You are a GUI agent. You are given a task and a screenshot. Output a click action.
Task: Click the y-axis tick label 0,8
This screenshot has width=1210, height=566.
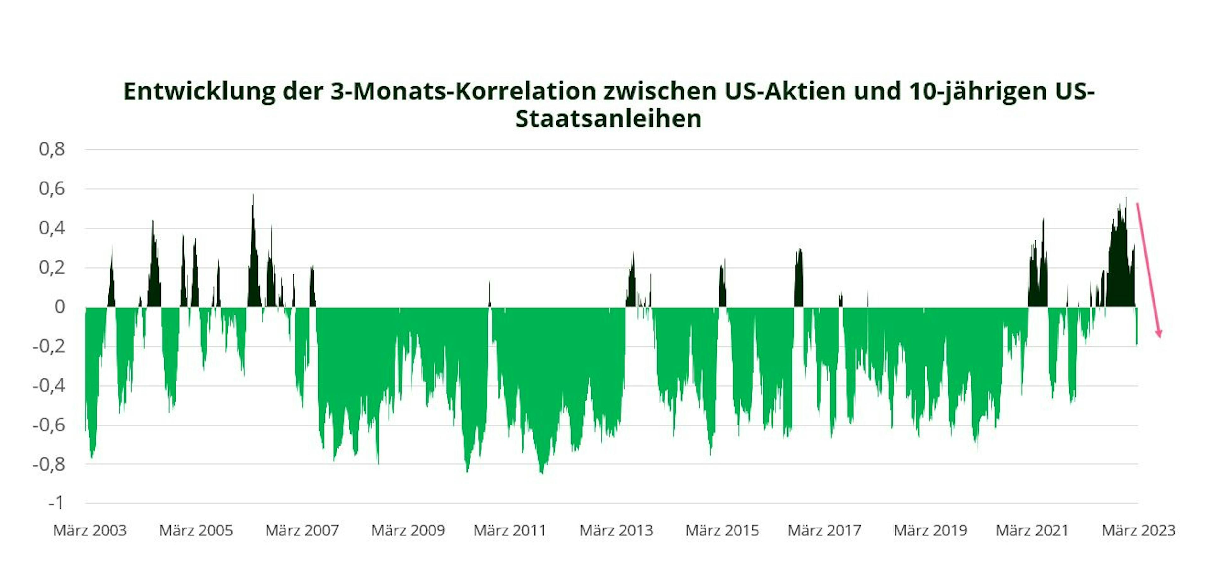click(x=52, y=149)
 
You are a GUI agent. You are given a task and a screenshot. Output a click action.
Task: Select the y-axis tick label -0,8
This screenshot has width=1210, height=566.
click(x=49, y=464)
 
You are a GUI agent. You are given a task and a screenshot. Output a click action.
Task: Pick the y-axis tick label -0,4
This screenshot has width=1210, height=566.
click(x=49, y=386)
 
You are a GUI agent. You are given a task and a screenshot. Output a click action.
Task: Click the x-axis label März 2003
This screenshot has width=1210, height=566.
click(x=90, y=530)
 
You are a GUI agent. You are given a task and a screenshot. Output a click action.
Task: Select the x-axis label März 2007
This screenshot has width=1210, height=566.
click(x=302, y=530)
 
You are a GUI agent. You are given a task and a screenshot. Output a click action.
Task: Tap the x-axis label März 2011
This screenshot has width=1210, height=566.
click(x=510, y=530)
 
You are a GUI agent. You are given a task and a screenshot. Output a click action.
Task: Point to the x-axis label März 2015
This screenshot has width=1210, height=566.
click(x=722, y=530)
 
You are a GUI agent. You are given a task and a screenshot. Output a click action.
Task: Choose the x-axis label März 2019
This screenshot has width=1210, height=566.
click(x=930, y=530)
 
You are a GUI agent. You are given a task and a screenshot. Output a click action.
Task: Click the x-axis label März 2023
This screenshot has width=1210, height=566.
click(x=1138, y=530)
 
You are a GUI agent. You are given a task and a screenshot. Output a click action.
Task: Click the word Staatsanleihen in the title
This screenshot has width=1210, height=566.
click(x=608, y=118)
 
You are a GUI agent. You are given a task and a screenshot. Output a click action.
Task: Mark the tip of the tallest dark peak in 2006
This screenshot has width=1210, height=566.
click(x=253, y=195)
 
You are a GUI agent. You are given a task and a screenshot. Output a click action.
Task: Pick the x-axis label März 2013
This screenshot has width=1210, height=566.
click(x=616, y=530)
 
